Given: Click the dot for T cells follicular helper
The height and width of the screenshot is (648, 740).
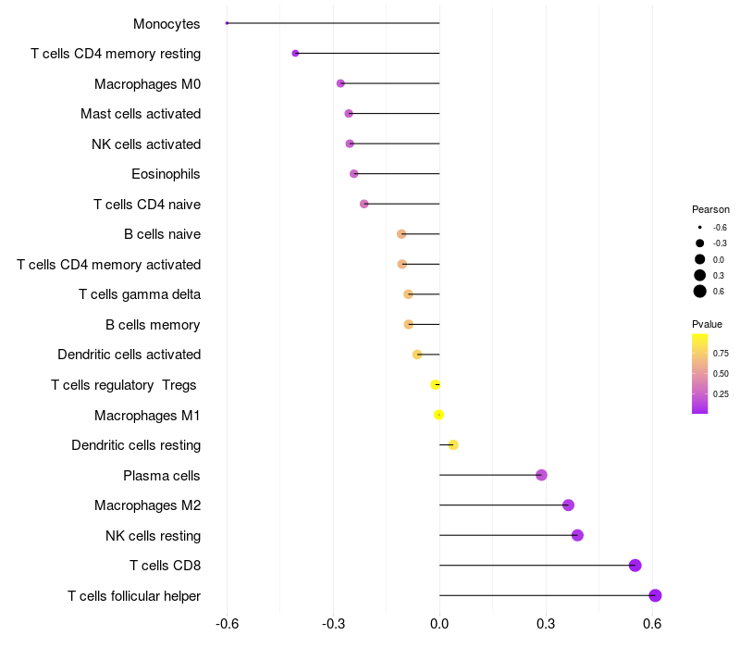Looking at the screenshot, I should coord(655,595).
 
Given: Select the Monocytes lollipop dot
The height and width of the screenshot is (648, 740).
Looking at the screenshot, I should coord(227,23).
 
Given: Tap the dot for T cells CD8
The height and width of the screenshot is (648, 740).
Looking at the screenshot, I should coord(635,566).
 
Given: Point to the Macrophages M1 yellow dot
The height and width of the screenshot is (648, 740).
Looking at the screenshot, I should coord(438,415).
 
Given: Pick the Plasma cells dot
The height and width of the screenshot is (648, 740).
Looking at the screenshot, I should coord(541,475).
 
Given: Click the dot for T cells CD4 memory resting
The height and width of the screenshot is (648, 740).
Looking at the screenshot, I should coord(295,54).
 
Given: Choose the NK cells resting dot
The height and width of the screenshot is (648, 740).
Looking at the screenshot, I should coord(577,535).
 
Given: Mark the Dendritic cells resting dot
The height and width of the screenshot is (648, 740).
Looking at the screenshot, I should coord(453,445).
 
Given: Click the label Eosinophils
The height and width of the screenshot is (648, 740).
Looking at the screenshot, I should coord(166,174).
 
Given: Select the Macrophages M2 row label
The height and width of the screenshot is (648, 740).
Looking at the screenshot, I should coord(147,505).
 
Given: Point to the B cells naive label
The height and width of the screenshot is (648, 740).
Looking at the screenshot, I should coord(162,234).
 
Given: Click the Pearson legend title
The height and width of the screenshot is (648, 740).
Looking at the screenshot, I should coord(710,209).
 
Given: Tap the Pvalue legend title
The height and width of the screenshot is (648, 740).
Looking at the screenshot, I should coord(707,324).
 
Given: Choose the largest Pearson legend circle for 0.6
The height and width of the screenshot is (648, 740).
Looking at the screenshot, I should coord(700,292).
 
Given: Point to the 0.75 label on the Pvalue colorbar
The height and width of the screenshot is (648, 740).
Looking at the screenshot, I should coord(721,353).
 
